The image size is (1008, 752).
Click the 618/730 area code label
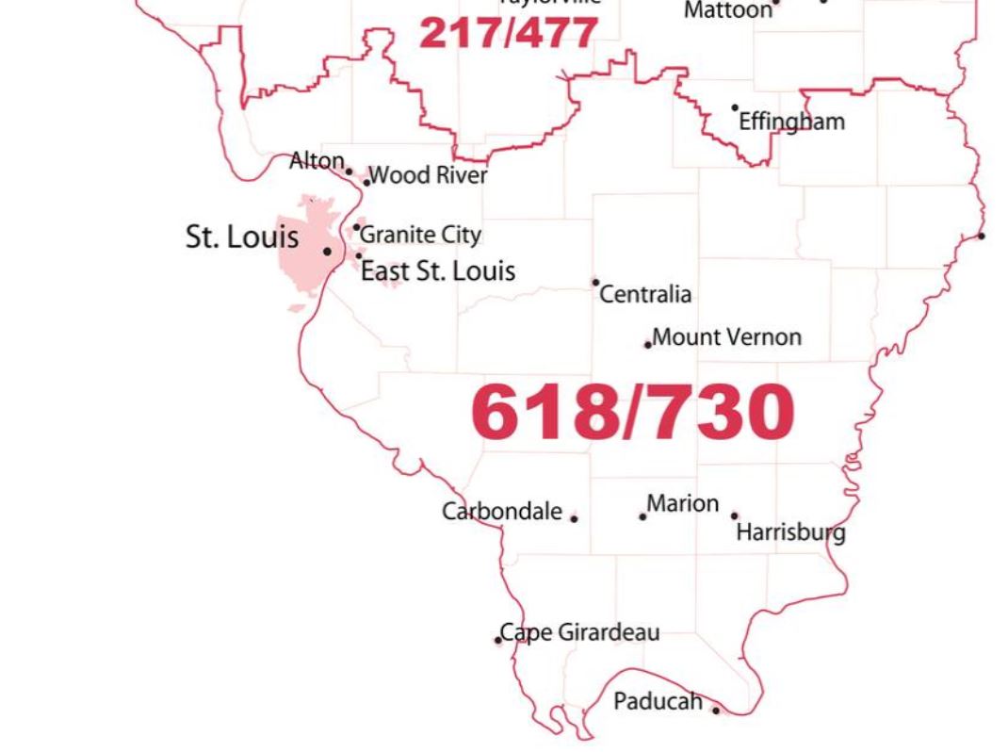pyautogui.click(x=632, y=413)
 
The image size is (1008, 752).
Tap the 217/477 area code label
pyautogui.click(x=508, y=33)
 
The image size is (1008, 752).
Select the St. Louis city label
pyautogui.click(x=241, y=237)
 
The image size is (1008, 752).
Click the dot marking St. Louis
pyautogui.click(x=327, y=252)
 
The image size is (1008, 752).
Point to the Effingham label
pyautogui.click(x=791, y=122)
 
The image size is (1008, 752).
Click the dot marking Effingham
pyautogui.click(x=735, y=108)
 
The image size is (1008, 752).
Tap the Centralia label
pyautogui.click(x=645, y=295)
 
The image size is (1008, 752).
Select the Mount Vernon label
pyautogui.click(x=726, y=336)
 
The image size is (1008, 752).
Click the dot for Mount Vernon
pyautogui.click(x=647, y=345)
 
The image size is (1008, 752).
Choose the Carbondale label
pyautogui.click(x=502, y=512)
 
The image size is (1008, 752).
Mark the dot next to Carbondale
pyautogui.click(x=574, y=518)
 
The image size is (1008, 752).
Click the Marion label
pyautogui.click(x=683, y=504)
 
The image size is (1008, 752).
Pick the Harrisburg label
pyautogui.click(x=790, y=532)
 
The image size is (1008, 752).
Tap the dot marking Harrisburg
pyautogui.click(x=735, y=515)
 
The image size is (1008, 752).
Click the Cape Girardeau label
pyautogui.click(x=579, y=632)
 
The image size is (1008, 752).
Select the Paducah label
pyautogui.click(x=658, y=701)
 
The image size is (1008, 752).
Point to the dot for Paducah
pyautogui.click(x=716, y=710)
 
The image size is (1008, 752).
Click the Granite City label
pyautogui.click(x=421, y=235)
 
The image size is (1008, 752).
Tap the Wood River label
pyautogui.click(x=429, y=175)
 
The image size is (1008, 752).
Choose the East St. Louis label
pyautogui.click(x=438, y=271)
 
